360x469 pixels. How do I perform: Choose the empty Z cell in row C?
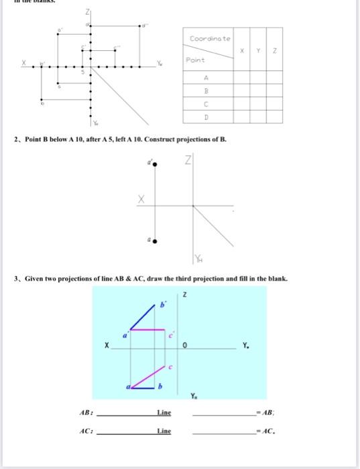(x=274, y=103)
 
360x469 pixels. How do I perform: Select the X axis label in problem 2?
(x=141, y=198)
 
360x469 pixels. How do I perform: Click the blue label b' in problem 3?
(x=162, y=305)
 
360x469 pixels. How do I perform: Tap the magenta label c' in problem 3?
(x=172, y=333)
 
